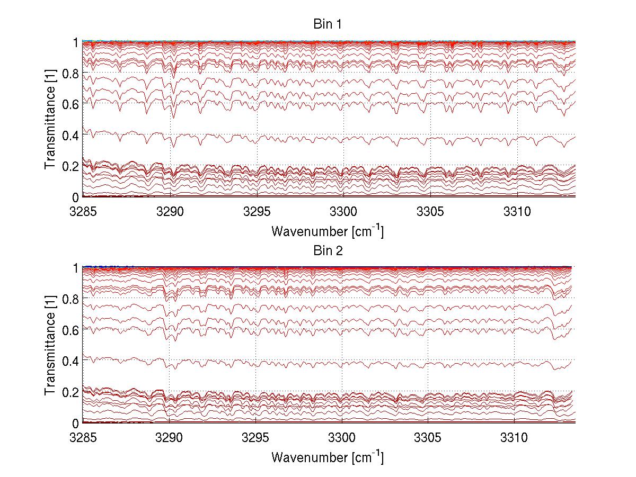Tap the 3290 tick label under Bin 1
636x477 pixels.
tap(170, 211)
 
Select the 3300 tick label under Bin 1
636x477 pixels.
tap(343, 211)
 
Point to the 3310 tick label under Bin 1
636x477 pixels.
tap(517, 211)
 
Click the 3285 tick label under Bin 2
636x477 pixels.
tap(83, 437)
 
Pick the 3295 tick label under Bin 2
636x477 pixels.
tap(257, 437)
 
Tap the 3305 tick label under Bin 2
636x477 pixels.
tap(430, 437)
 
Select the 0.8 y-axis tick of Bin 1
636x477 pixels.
tap(69, 73)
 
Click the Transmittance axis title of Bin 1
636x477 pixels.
tap(50, 120)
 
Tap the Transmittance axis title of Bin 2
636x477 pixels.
tap(50, 346)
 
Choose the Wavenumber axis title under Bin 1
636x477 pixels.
tap(327, 231)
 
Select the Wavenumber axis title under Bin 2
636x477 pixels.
tap(327, 457)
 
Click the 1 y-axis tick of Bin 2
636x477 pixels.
tap(75, 268)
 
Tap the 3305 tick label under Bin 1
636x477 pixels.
tap(430, 211)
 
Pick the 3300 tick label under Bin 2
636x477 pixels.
tap(343, 437)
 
